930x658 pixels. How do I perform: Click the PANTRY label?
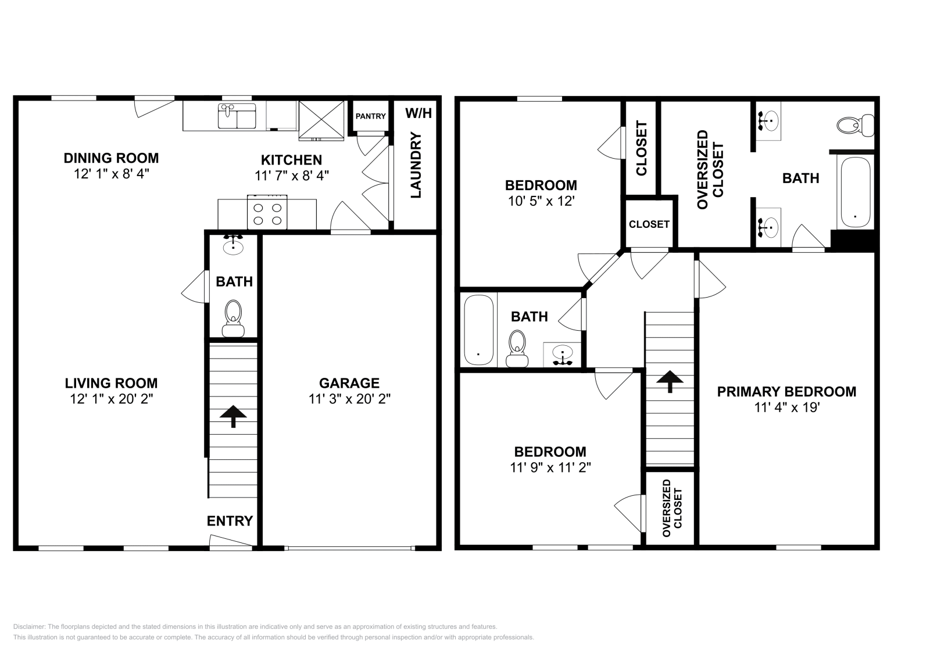(x=370, y=116)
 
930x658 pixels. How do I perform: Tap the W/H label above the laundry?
(x=419, y=113)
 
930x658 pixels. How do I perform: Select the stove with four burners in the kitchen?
(x=268, y=213)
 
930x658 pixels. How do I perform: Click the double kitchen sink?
(x=237, y=116)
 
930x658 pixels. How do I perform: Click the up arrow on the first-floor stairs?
(x=234, y=416)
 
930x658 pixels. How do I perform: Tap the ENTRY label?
(x=230, y=521)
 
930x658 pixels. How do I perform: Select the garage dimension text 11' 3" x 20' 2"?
(x=349, y=399)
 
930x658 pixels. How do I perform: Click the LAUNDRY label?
(x=416, y=165)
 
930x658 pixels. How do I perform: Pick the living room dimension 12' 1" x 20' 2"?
(x=111, y=399)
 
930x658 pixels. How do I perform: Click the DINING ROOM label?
(x=111, y=158)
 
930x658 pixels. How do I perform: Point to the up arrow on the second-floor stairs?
(x=670, y=381)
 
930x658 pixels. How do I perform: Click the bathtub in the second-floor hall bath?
(x=479, y=330)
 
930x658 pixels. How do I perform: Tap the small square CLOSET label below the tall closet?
(x=649, y=224)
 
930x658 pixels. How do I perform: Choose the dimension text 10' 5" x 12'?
(x=541, y=201)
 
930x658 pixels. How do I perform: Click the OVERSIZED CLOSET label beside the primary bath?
(x=710, y=169)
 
